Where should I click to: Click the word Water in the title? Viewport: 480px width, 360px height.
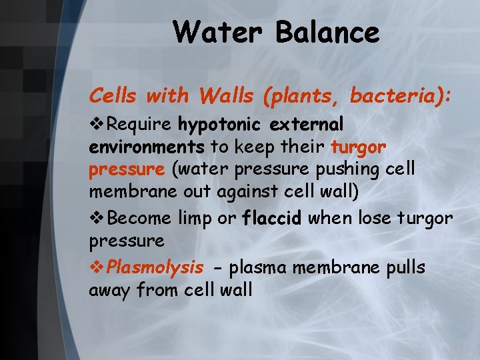click(211, 32)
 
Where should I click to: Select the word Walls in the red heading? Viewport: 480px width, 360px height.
click(223, 97)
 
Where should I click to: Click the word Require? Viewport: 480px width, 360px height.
click(141, 125)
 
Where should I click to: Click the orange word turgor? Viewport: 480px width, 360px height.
click(358, 147)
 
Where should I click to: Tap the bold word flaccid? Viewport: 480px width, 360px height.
click(271, 217)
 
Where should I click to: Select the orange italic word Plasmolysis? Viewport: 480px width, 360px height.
click(155, 267)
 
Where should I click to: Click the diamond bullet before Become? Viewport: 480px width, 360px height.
click(96, 217)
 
